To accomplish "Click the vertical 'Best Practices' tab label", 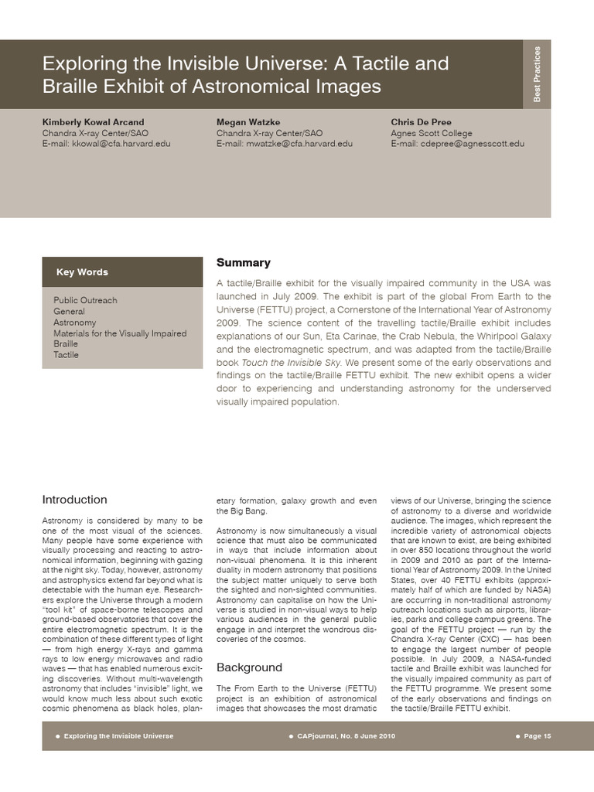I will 538,74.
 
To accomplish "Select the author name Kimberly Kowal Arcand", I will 93,122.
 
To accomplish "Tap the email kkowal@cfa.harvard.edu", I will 106,144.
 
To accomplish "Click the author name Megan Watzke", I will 247,122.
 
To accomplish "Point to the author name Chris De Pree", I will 421,122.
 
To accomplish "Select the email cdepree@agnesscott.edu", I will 457,144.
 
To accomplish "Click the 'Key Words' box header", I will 82,272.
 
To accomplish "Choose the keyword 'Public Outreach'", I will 85,300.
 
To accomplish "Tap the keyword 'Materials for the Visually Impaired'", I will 120,333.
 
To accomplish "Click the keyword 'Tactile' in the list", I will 66,355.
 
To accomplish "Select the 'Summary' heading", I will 243,263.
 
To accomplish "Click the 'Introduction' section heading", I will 74,500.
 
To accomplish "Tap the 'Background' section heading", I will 249,667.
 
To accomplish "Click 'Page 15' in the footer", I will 537,736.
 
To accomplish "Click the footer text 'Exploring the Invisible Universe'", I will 118,736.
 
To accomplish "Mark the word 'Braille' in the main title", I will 72,87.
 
